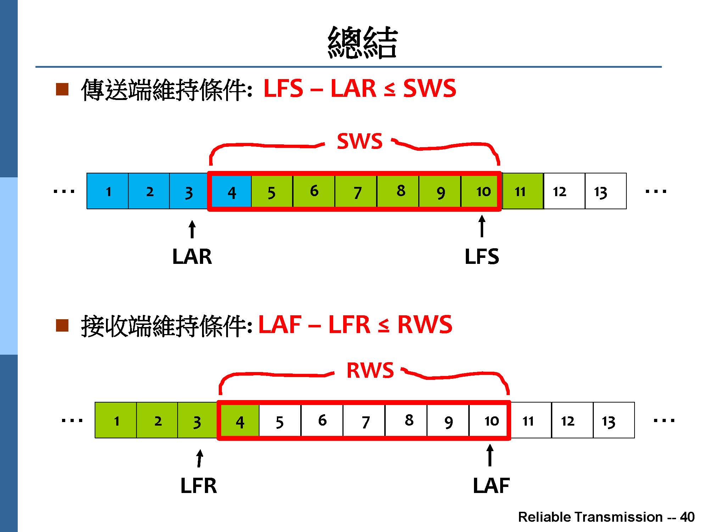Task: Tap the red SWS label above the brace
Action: click(x=359, y=141)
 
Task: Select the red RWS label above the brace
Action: click(x=370, y=370)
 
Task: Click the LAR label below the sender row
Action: click(x=192, y=256)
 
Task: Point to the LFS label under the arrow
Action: click(x=482, y=256)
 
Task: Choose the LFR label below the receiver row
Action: click(x=199, y=486)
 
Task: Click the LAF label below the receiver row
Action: click(x=491, y=486)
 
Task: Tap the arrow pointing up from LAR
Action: click(x=192, y=229)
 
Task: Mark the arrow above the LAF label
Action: click(x=490, y=455)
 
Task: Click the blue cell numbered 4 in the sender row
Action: click(x=231, y=192)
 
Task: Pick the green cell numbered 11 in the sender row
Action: click(x=523, y=191)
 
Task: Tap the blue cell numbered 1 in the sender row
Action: click(x=108, y=191)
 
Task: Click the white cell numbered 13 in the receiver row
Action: click(x=614, y=420)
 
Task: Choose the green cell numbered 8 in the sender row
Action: click(x=398, y=191)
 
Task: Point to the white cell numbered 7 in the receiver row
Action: click(x=364, y=421)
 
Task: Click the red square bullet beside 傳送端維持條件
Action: click(x=62, y=89)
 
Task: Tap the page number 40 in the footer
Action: click(x=687, y=517)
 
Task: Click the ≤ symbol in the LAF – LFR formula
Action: click(x=383, y=325)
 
